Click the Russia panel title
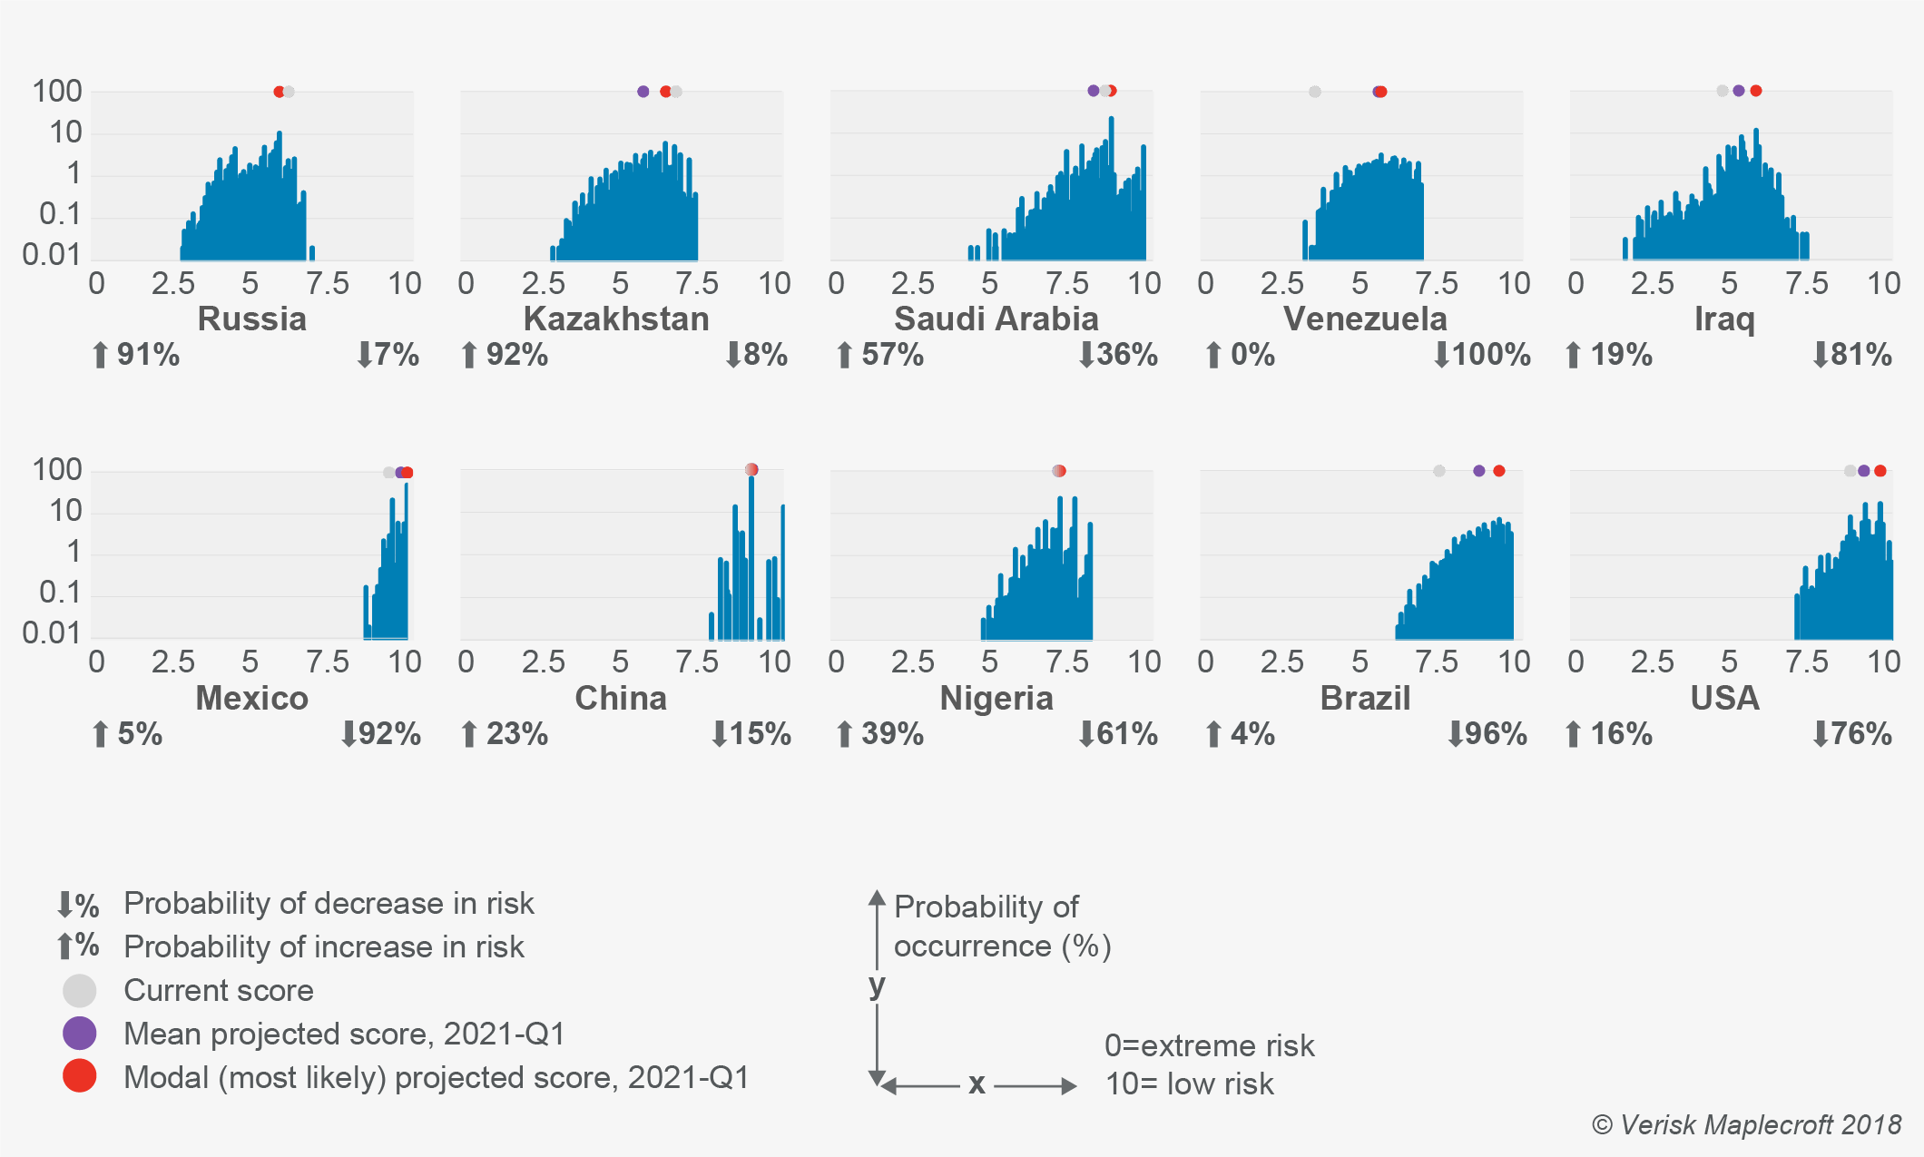251,319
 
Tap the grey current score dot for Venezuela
1315,92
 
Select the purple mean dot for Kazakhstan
643,92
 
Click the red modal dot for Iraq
1756,91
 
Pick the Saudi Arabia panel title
996,319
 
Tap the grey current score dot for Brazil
1439,471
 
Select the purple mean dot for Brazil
1479,471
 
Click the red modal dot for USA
1880,471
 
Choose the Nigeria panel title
996,699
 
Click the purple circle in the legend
80,1034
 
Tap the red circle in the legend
80,1076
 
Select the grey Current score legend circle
80,991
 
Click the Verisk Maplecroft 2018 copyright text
1746,1125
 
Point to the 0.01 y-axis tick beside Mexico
52,633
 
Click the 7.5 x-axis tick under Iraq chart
1806,284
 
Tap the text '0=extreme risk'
1209,1046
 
